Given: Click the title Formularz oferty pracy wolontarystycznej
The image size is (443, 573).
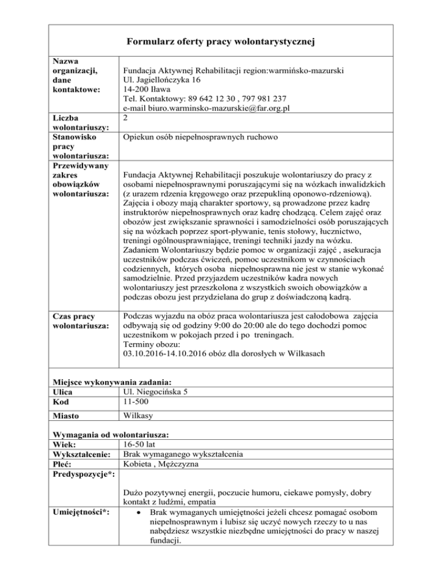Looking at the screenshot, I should (x=221, y=42).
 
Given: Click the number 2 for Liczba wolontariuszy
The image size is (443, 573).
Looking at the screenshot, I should (x=126, y=118).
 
